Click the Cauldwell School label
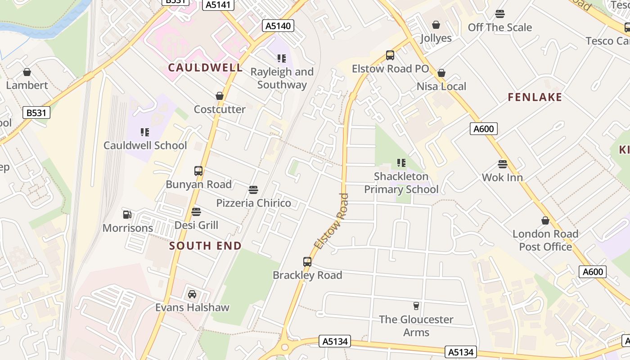click(x=145, y=145)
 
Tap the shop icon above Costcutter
click(x=220, y=96)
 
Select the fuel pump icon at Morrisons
click(x=127, y=215)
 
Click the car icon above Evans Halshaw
click(x=192, y=294)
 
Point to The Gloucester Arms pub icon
click(x=416, y=306)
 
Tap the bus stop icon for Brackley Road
click(x=307, y=262)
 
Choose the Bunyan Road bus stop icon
click(x=198, y=171)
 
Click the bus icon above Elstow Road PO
click(x=390, y=55)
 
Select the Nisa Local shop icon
click(x=441, y=73)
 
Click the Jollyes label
click(x=436, y=38)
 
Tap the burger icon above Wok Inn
click(x=503, y=164)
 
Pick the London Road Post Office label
click(x=545, y=240)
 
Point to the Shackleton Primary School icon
click(x=401, y=163)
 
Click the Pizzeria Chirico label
click(x=254, y=203)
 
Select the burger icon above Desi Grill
click(x=196, y=211)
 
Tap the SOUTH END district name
click(x=206, y=246)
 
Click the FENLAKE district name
click(x=535, y=97)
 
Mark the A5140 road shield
click(x=278, y=26)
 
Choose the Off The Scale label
click(x=500, y=27)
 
